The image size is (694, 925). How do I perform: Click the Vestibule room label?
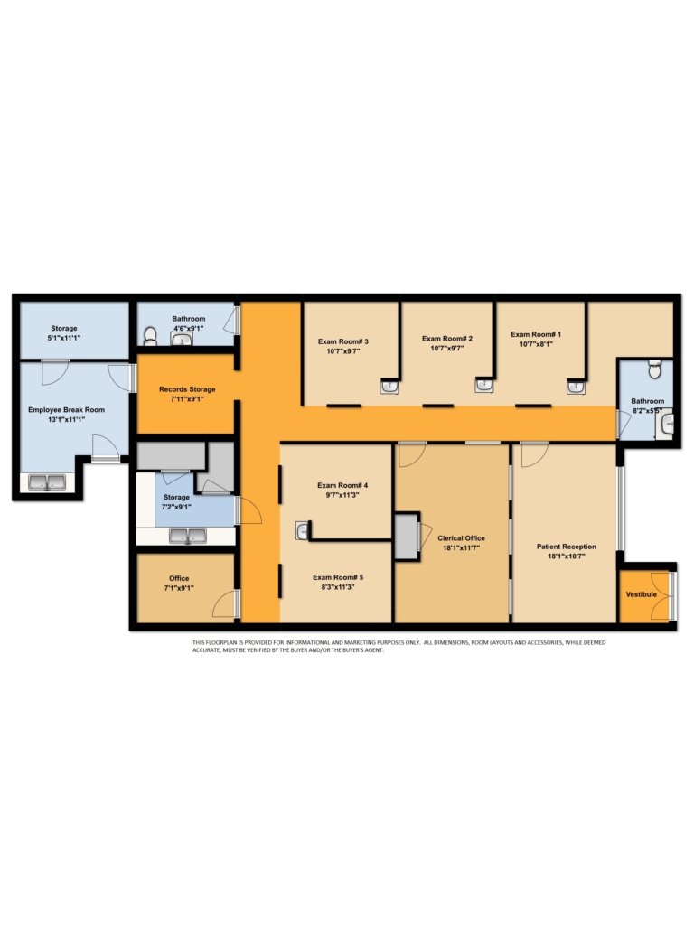[x=641, y=594]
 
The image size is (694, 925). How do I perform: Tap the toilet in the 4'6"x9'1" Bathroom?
[x=151, y=336]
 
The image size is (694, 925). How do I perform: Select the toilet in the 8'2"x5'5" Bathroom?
[x=654, y=369]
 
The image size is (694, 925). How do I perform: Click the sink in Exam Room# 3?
[x=389, y=387]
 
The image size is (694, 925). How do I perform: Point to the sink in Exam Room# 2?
[x=484, y=385]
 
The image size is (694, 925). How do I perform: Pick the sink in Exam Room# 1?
[x=576, y=387]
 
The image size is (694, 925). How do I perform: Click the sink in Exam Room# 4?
[x=302, y=530]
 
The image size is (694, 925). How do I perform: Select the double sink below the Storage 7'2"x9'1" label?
[x=188, y=536]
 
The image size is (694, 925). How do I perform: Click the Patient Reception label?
[x=566, y=547]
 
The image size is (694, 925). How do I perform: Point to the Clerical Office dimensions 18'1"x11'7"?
[x=461, y=548]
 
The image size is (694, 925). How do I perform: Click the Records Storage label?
[x=187, y=389]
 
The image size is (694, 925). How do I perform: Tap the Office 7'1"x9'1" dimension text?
[x=179, y=588]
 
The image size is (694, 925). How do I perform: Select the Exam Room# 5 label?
[x=338, y=577]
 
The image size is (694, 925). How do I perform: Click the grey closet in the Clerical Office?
[x=406, y=537]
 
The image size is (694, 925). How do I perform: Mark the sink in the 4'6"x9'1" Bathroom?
[x=182, y=339]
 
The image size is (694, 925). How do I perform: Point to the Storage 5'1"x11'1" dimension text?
[x=64, y=338]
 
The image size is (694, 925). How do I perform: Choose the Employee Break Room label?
[x=66, y=409]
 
